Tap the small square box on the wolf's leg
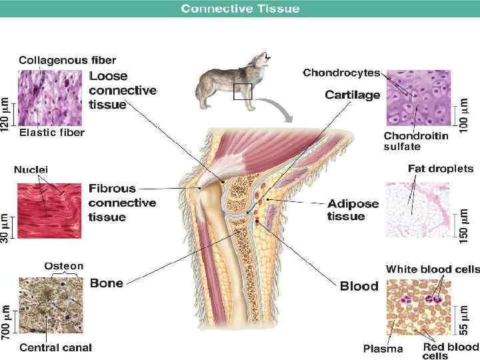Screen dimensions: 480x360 tap(242, 91)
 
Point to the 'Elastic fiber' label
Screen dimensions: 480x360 tap(52, 133)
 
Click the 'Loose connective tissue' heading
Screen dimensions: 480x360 tap(122, 90)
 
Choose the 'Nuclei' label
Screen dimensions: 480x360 tap(31, 170)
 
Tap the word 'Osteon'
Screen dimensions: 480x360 tap(64, 266)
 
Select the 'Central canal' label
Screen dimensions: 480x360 tap(55, 347)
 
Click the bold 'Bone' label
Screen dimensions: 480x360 tap(106, 283)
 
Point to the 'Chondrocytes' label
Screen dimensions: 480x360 tap(341, 73)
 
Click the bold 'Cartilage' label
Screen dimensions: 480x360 tap(353, 95)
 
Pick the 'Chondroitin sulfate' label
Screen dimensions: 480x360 tap(415, 141)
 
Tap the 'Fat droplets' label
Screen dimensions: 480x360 tap(440, 169)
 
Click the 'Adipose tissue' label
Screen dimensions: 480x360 tap(353, 209)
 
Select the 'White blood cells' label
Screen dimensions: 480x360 tap(433, 269)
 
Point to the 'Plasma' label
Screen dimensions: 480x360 tap(383, 348)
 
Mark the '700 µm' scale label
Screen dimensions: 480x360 tap(6, 321)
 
